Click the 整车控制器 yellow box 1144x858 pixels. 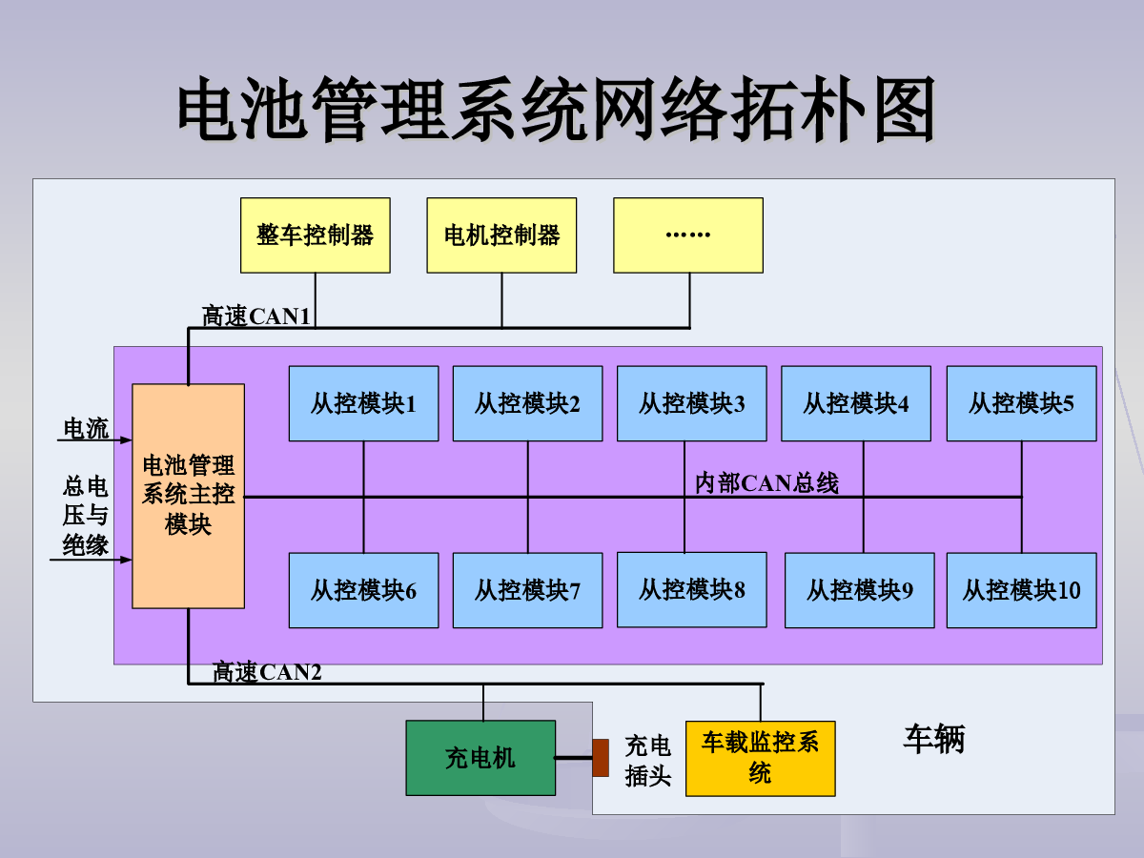coord(316,235)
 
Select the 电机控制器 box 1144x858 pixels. coord(501,235)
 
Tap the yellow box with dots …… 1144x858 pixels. coord(688,235)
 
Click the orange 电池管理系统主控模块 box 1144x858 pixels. coord(188,496)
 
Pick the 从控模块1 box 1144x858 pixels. coord(364,403)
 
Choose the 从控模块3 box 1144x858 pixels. coord(691,403)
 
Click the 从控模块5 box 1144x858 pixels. coord(1022,403)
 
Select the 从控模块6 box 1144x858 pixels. coord(364,590)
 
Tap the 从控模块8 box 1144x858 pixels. coord(691,590)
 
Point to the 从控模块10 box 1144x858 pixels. coord(1022,590)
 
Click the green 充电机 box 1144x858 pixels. coord(480,758)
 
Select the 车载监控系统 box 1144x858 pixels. coord(761,759)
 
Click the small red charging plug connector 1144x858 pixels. coord(601,758)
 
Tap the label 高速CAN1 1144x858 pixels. coord(256,316)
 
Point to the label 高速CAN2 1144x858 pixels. coord(267,671)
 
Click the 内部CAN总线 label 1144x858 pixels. coord(766,483)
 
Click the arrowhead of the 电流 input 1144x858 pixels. coord(126,440)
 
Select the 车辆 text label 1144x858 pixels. coord(934,739)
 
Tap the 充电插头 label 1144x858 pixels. coord(648,761)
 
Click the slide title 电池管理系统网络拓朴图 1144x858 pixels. coord(557,109)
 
